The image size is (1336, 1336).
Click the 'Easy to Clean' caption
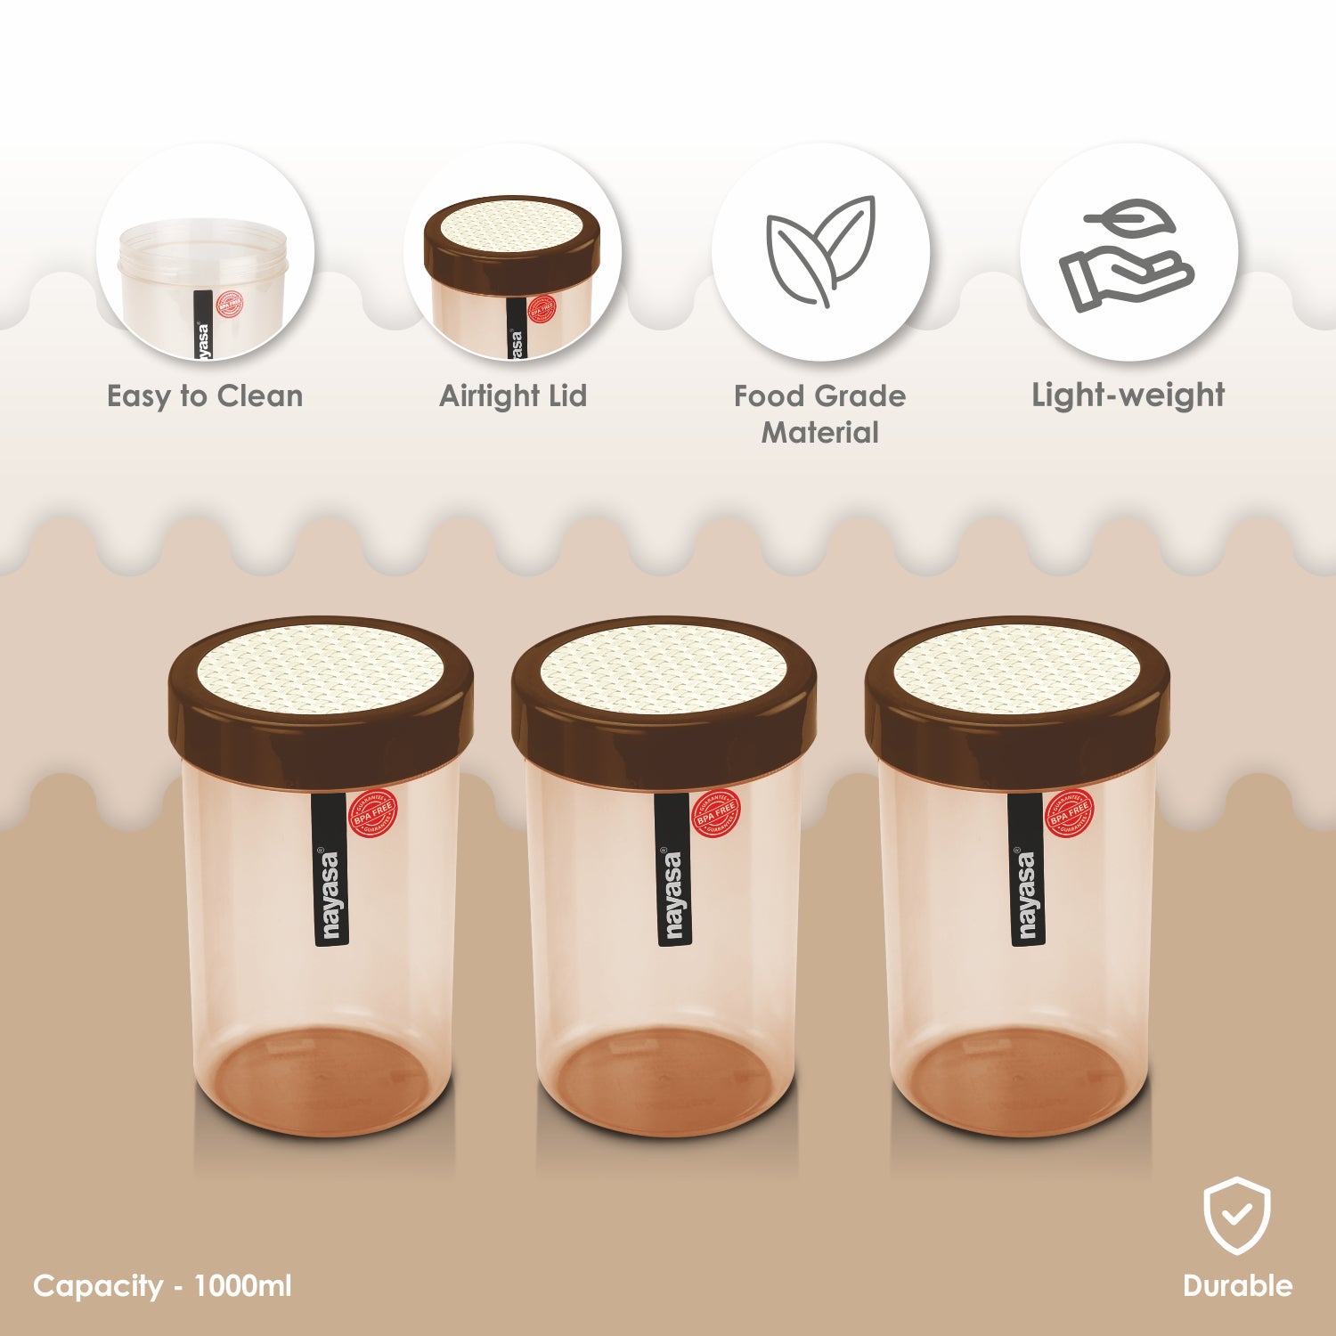tap(205, 396)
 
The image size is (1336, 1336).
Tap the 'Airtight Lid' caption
tap(513, 396)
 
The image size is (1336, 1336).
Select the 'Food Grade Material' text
tap(819, 414)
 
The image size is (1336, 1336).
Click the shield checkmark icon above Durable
tap(1236, 1216)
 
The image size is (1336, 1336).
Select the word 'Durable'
tap(1237, 1285)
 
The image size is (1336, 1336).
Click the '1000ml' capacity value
tap(242, 1286)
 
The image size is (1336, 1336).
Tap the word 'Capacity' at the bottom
tap(98, 1286)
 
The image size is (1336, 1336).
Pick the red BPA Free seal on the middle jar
tap(716, 812)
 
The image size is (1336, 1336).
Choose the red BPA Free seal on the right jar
tap(1069, 812)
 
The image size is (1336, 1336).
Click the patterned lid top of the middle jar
tap(664, 668)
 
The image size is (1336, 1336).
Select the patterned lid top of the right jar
tap(1016, 668)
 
